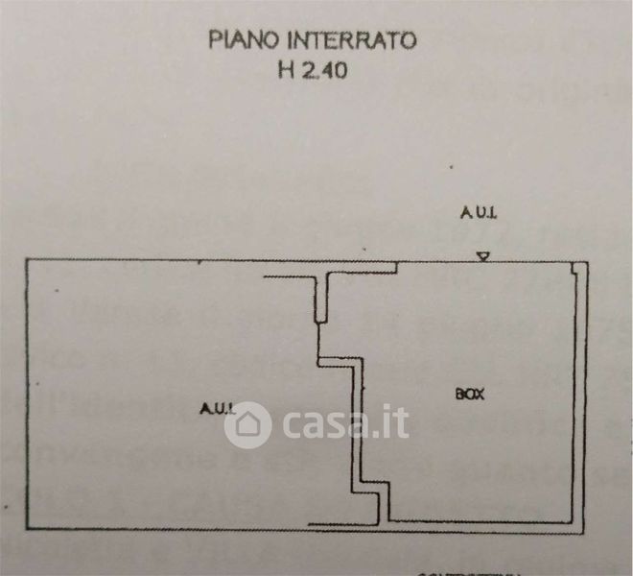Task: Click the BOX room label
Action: (469, 393)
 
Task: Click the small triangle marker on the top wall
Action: (484, 255)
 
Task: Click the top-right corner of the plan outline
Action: (587, 262)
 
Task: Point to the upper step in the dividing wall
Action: (340, 363)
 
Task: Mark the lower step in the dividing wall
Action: (377, 492)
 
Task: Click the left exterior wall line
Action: (25, 394)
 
